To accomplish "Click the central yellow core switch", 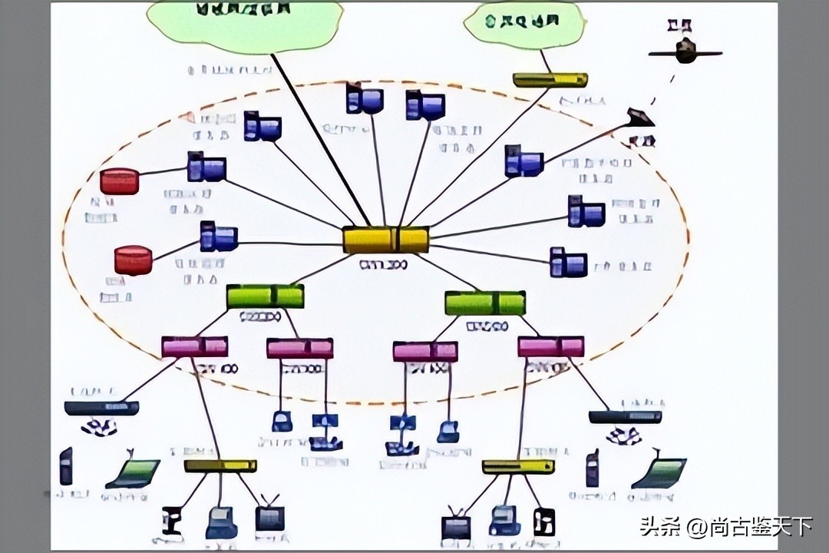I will coord(385,240).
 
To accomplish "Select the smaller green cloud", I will coord(524,23).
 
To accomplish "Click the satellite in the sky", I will coord(685,51).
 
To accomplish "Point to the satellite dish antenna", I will coord(640,118).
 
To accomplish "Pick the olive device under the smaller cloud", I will coord(550,80).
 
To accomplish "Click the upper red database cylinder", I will coord(120,181).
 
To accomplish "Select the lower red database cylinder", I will coord(133,260).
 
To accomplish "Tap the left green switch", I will coord(265,296).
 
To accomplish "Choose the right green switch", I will coord(485,303).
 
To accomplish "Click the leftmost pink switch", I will coord(194,346).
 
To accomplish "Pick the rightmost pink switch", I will coord(550,346).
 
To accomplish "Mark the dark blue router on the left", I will coord(101,408).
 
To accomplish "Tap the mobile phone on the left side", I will coord(66,466).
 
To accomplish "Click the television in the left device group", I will coord(269,516).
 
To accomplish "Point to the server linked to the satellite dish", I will coord(523,161).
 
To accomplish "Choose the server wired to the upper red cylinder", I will coord(206,167).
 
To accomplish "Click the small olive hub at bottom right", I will coord(518,466).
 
